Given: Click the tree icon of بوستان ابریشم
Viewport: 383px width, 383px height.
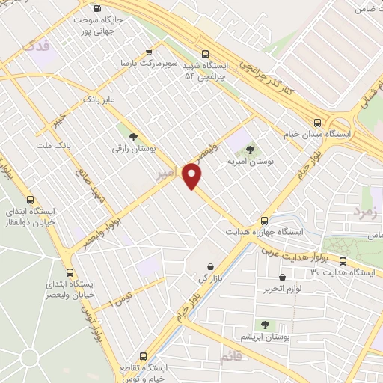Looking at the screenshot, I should tap(264, 324).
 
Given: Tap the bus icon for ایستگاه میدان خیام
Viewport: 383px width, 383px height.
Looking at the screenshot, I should tap(318, 122).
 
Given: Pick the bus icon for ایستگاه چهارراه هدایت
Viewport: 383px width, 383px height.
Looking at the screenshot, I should tap(264, 221).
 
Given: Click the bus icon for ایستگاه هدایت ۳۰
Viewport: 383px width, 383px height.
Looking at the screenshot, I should tap(343, 261).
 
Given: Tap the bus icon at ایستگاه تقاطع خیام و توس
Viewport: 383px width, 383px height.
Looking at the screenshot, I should tap(143, 356).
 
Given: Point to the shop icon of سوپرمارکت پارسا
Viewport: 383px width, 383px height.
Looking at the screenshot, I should tap(150, 52).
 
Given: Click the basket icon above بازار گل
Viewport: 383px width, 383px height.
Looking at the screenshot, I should tap(209, 266).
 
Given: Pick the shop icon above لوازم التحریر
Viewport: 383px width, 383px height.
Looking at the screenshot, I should tap(268, 288).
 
